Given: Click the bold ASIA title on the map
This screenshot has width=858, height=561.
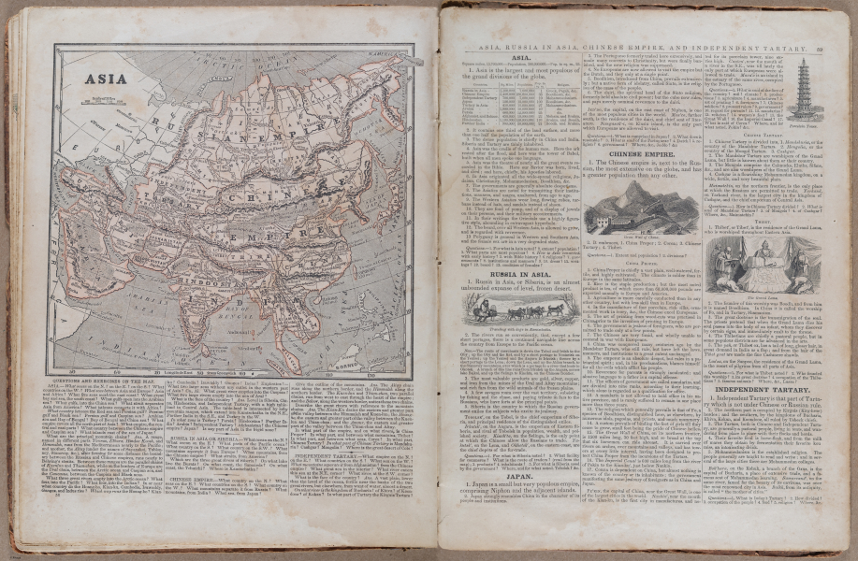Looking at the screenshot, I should [106, 79].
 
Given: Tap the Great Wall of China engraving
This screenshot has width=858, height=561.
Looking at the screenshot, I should [641, 209].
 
